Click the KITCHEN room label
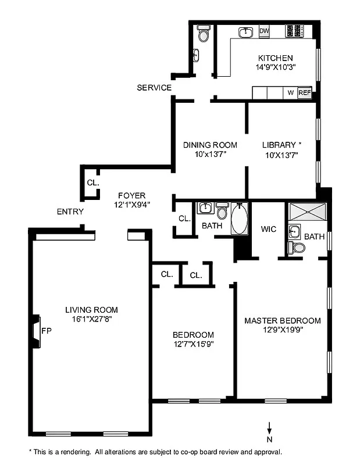275,58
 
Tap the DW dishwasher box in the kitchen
264,31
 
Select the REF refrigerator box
304,92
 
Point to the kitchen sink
246,31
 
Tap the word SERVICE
154,88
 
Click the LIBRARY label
281,145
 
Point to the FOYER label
131,195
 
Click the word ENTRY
70,212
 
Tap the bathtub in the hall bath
239,219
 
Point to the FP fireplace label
47,331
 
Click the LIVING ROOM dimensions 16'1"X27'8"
91,320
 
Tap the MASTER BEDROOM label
282,320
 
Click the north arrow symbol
269,428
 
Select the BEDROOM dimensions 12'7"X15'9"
193,345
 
